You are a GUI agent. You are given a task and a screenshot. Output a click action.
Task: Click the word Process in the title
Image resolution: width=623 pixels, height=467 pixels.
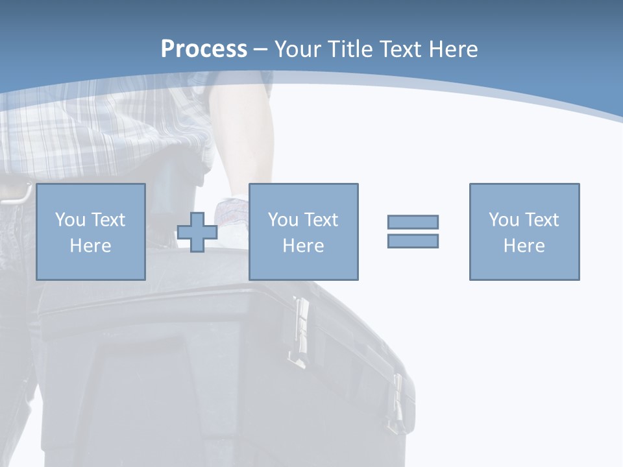click(204, 49)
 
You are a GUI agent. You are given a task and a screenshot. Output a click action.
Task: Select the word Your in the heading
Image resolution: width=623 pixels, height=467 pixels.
click(299, 49)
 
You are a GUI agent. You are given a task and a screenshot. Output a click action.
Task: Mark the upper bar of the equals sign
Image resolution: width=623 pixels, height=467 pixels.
click(413, 222)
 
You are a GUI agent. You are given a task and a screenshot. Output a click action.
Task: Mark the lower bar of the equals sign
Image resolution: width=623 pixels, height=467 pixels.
click(413, 241)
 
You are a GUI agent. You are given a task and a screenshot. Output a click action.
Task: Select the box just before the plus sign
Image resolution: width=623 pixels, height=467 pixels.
click(90, 232)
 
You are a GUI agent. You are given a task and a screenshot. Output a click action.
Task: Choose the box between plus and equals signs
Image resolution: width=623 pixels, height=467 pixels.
click(303, 232)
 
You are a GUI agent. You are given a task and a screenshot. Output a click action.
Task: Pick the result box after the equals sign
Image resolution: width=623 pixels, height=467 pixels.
click(524, 232)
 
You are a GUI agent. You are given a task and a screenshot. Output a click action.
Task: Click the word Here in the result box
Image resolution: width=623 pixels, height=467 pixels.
click(524, 245)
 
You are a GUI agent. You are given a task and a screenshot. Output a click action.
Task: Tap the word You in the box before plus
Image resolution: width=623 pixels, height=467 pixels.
click(69, 220)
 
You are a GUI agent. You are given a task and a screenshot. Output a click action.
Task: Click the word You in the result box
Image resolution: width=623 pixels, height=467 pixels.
click(503, 220)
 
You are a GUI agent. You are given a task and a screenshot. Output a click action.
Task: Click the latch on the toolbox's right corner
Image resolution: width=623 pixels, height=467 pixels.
click(397, 402)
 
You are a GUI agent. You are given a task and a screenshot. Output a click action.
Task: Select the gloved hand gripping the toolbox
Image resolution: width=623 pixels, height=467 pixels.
click(234, 214)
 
